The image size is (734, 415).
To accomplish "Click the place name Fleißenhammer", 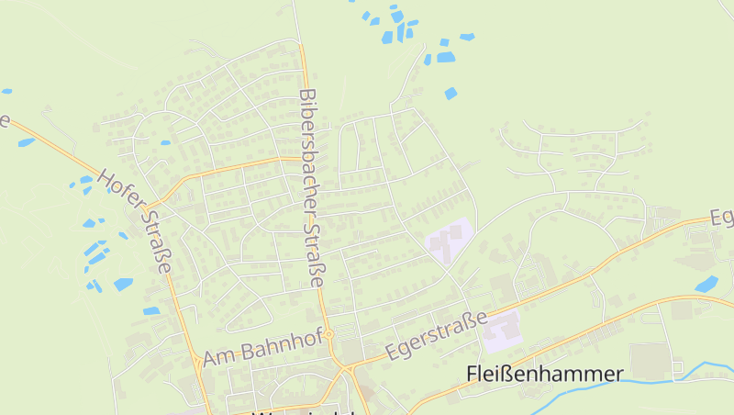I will click(544, 375).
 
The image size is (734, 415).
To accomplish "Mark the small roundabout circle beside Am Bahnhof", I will click(328, 334).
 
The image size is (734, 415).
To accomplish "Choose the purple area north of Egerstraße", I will click(450, 240).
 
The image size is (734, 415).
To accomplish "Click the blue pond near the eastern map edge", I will click(706, 285).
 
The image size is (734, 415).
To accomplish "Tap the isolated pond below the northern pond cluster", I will click(450, 93).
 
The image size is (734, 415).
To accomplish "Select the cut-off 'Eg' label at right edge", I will click(722, 218).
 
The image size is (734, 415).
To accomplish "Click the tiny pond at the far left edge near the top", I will click(6, 91).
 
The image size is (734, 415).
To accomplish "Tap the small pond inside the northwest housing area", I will click(165, 143).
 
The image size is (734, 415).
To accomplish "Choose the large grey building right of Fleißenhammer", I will click(651, 359).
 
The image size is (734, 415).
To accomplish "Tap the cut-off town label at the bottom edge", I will click(303, 410).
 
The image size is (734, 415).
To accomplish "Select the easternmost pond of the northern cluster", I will click(467, 37).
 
